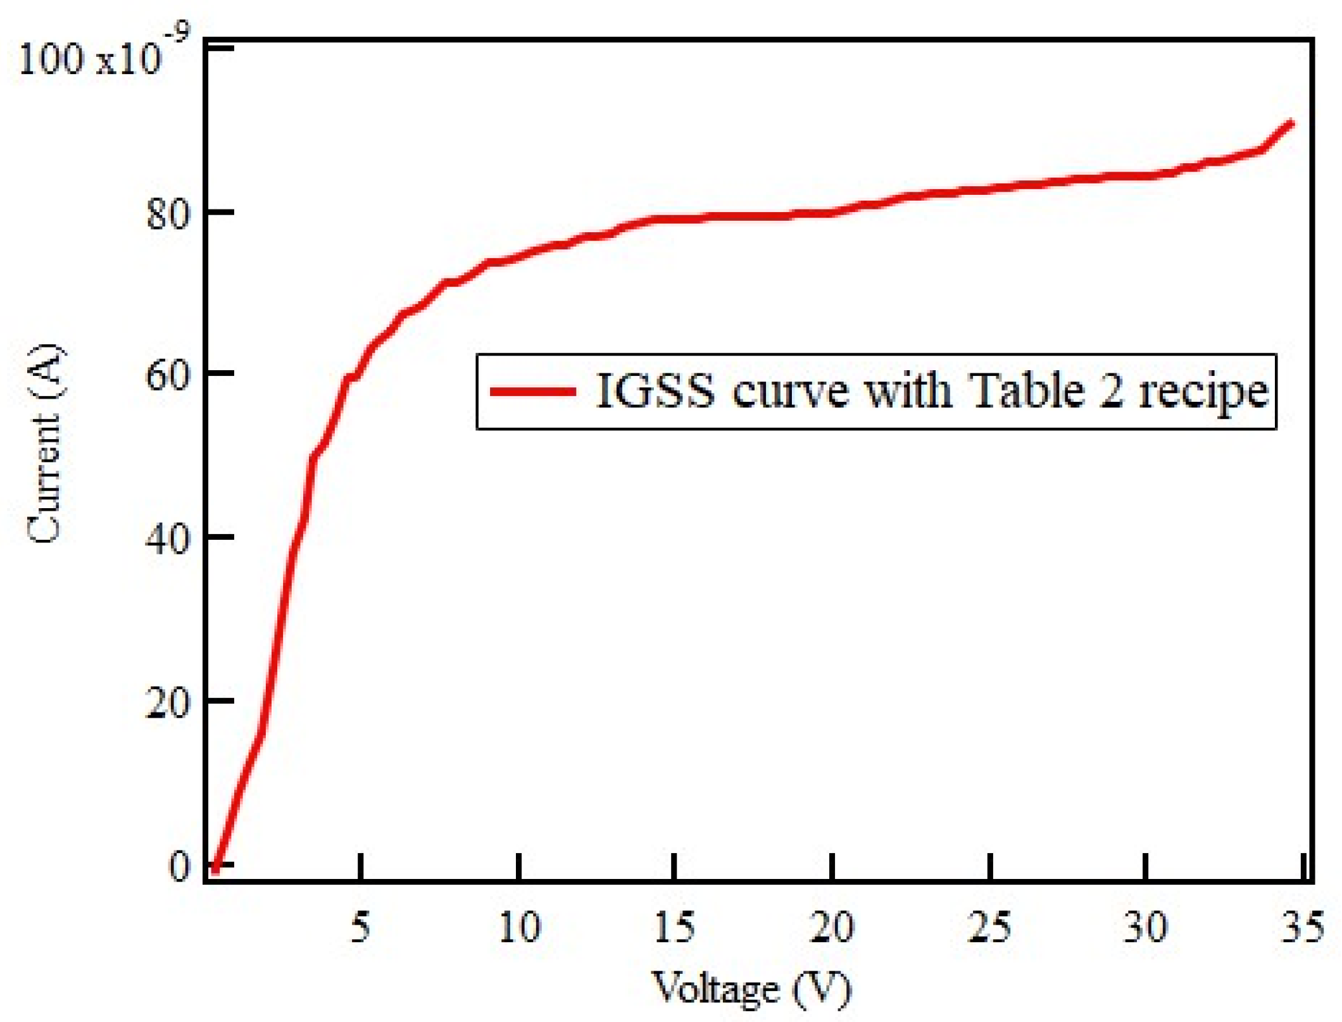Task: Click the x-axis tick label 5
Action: [x=360, y=928]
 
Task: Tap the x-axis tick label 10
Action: [x=519, y=928]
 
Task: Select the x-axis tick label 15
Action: [x=674, y=928]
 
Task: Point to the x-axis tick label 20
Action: [x=832, y=928]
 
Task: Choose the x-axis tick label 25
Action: [x=989, y=928]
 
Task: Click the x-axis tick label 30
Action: [x=1145, y=928]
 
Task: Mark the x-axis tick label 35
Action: [x=1302, y=928]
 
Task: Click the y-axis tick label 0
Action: [x=179, y=866]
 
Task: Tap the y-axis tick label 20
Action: [x=167, y=702]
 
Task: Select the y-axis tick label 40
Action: [x=167, y=539]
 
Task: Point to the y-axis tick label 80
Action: [x=167, y=213]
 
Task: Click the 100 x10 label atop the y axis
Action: [x=89, y=60]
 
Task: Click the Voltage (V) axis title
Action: [x=751, y=988]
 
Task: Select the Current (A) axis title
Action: [x=46, y=443]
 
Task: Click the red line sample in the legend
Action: [x=533, y=392]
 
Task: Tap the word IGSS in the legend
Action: [x=655, y=390]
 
